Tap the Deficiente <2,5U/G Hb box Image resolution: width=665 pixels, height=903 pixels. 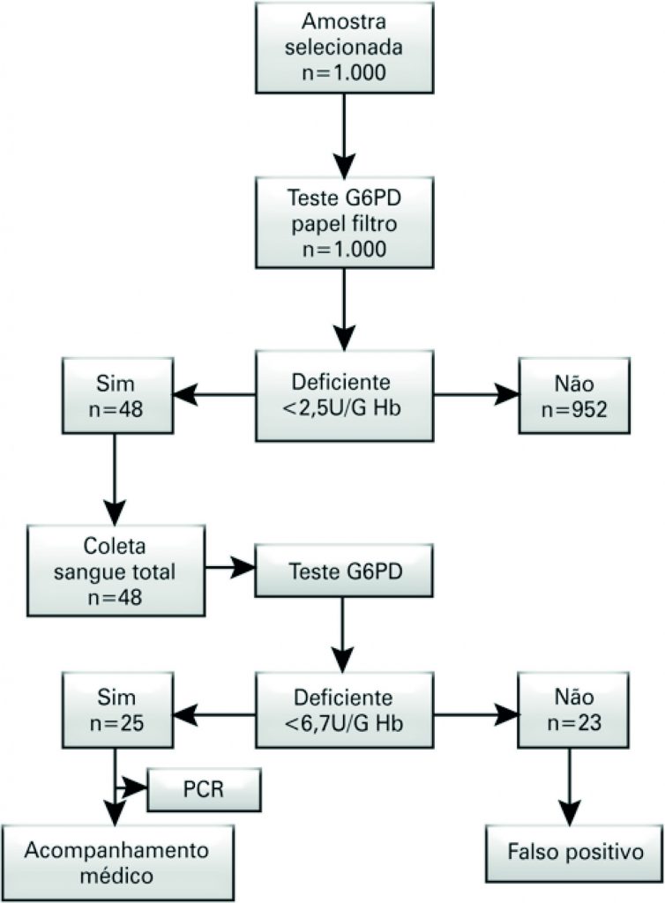(x=344, y=395)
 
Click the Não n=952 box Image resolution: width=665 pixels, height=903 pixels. (x=575, y=395)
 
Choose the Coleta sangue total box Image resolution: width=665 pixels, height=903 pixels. (x=115, y=571)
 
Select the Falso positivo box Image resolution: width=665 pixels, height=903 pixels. (x=573, y=852)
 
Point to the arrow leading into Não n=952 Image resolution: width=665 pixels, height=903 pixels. (x=476, y=395)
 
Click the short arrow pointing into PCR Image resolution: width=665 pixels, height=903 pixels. (x=132, y=786)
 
